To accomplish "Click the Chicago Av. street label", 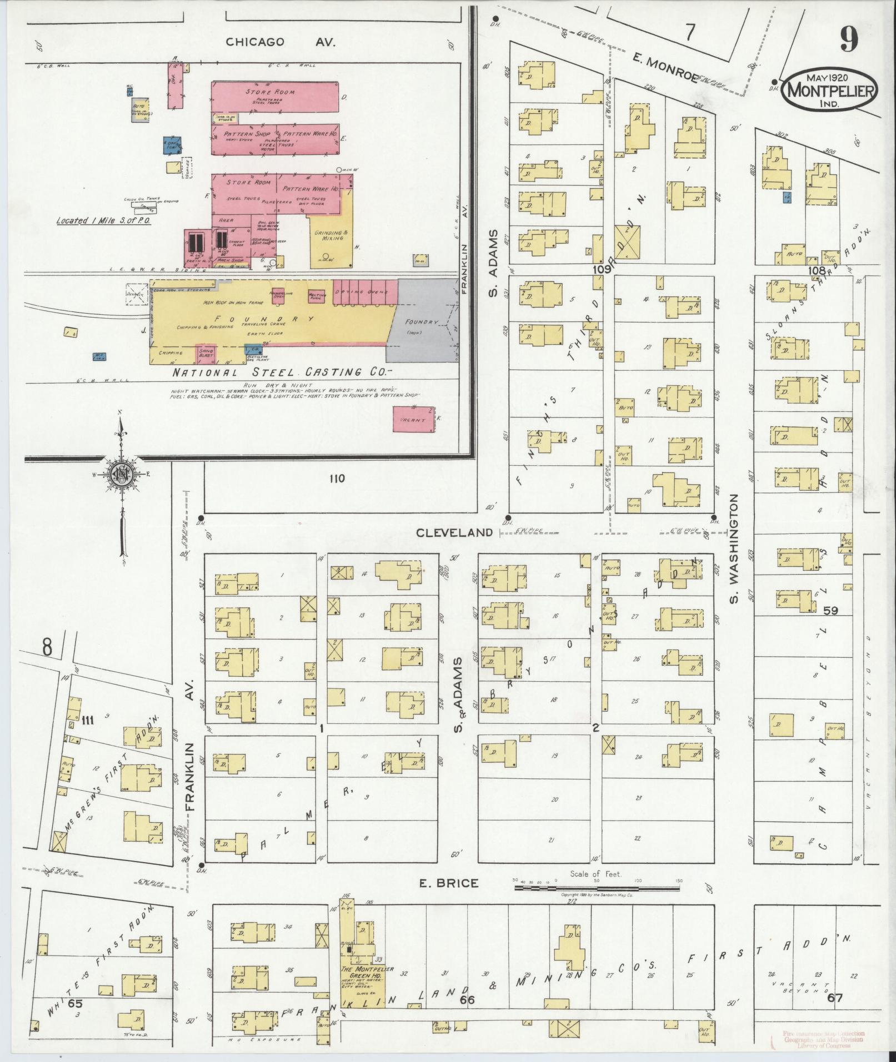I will [x=280, y=42].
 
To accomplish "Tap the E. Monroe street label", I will [x=665, y=68].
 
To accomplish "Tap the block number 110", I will [x=337, y=479].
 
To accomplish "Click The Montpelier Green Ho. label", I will [x=368, y=971].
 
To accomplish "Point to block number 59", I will [x=831, y=610].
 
